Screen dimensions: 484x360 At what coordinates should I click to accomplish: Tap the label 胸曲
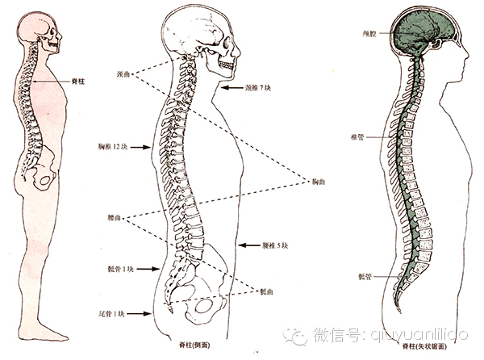[x=322, y=180]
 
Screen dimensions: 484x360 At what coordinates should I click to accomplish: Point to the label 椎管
[x=355, y=138]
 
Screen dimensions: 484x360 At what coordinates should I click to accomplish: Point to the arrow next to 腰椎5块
[x=245, y=245]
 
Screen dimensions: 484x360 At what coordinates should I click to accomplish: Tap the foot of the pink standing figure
[x=53, y=331]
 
